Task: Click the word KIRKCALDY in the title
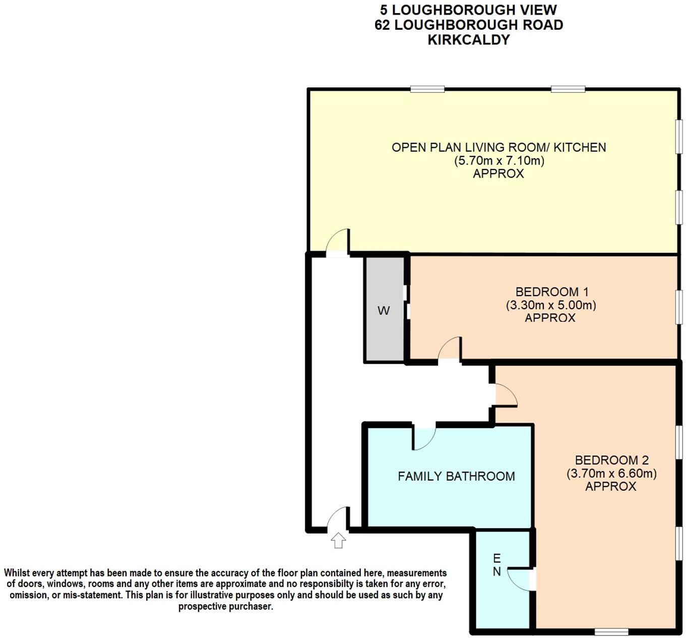(468, 40)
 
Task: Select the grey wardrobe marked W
(384, 310)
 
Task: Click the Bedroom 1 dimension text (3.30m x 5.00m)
(550, 305)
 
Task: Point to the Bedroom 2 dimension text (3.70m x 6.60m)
(611, 474)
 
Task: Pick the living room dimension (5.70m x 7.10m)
(498, 161)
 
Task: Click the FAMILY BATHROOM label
(456, 476)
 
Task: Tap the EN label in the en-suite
(496, 565)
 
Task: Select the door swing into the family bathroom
(424, 437)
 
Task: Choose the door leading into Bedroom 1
(450, 349)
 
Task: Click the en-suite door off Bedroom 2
(519, 579)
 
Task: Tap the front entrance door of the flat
(338, 519)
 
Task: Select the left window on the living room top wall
(427, 89)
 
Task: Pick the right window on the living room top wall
(568, 89)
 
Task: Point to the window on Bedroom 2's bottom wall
(611, 631)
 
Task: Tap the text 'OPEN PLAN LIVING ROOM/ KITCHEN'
(498, 147)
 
